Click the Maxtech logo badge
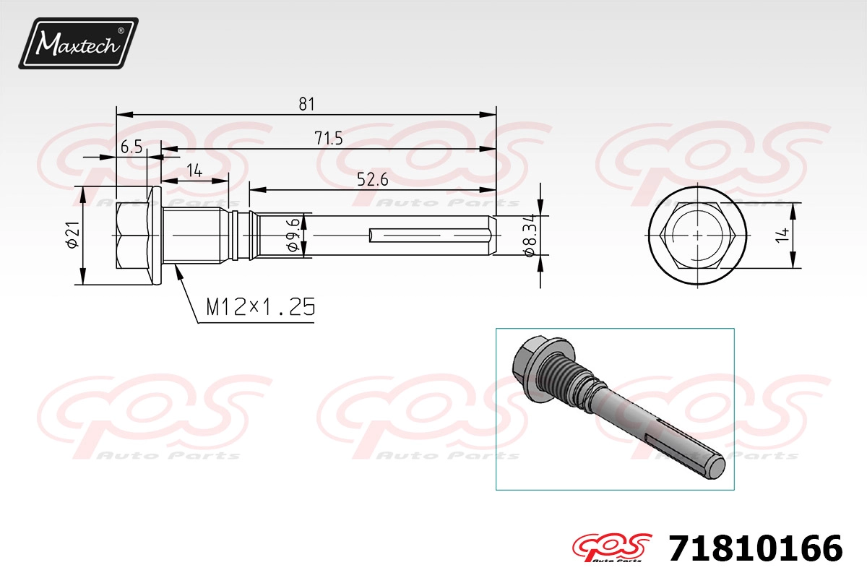[x=78, y=43]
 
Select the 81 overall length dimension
[x=306, y=104]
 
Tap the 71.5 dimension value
[x=329, y=138]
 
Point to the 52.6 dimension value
[x=372, y=180]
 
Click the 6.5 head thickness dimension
[x=131, y=147]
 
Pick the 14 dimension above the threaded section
[x=194, y=171]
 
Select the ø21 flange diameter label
[x=73, y=235]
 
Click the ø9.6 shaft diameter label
[x=294, y=235]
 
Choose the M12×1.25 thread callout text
[x=261, y=307]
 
